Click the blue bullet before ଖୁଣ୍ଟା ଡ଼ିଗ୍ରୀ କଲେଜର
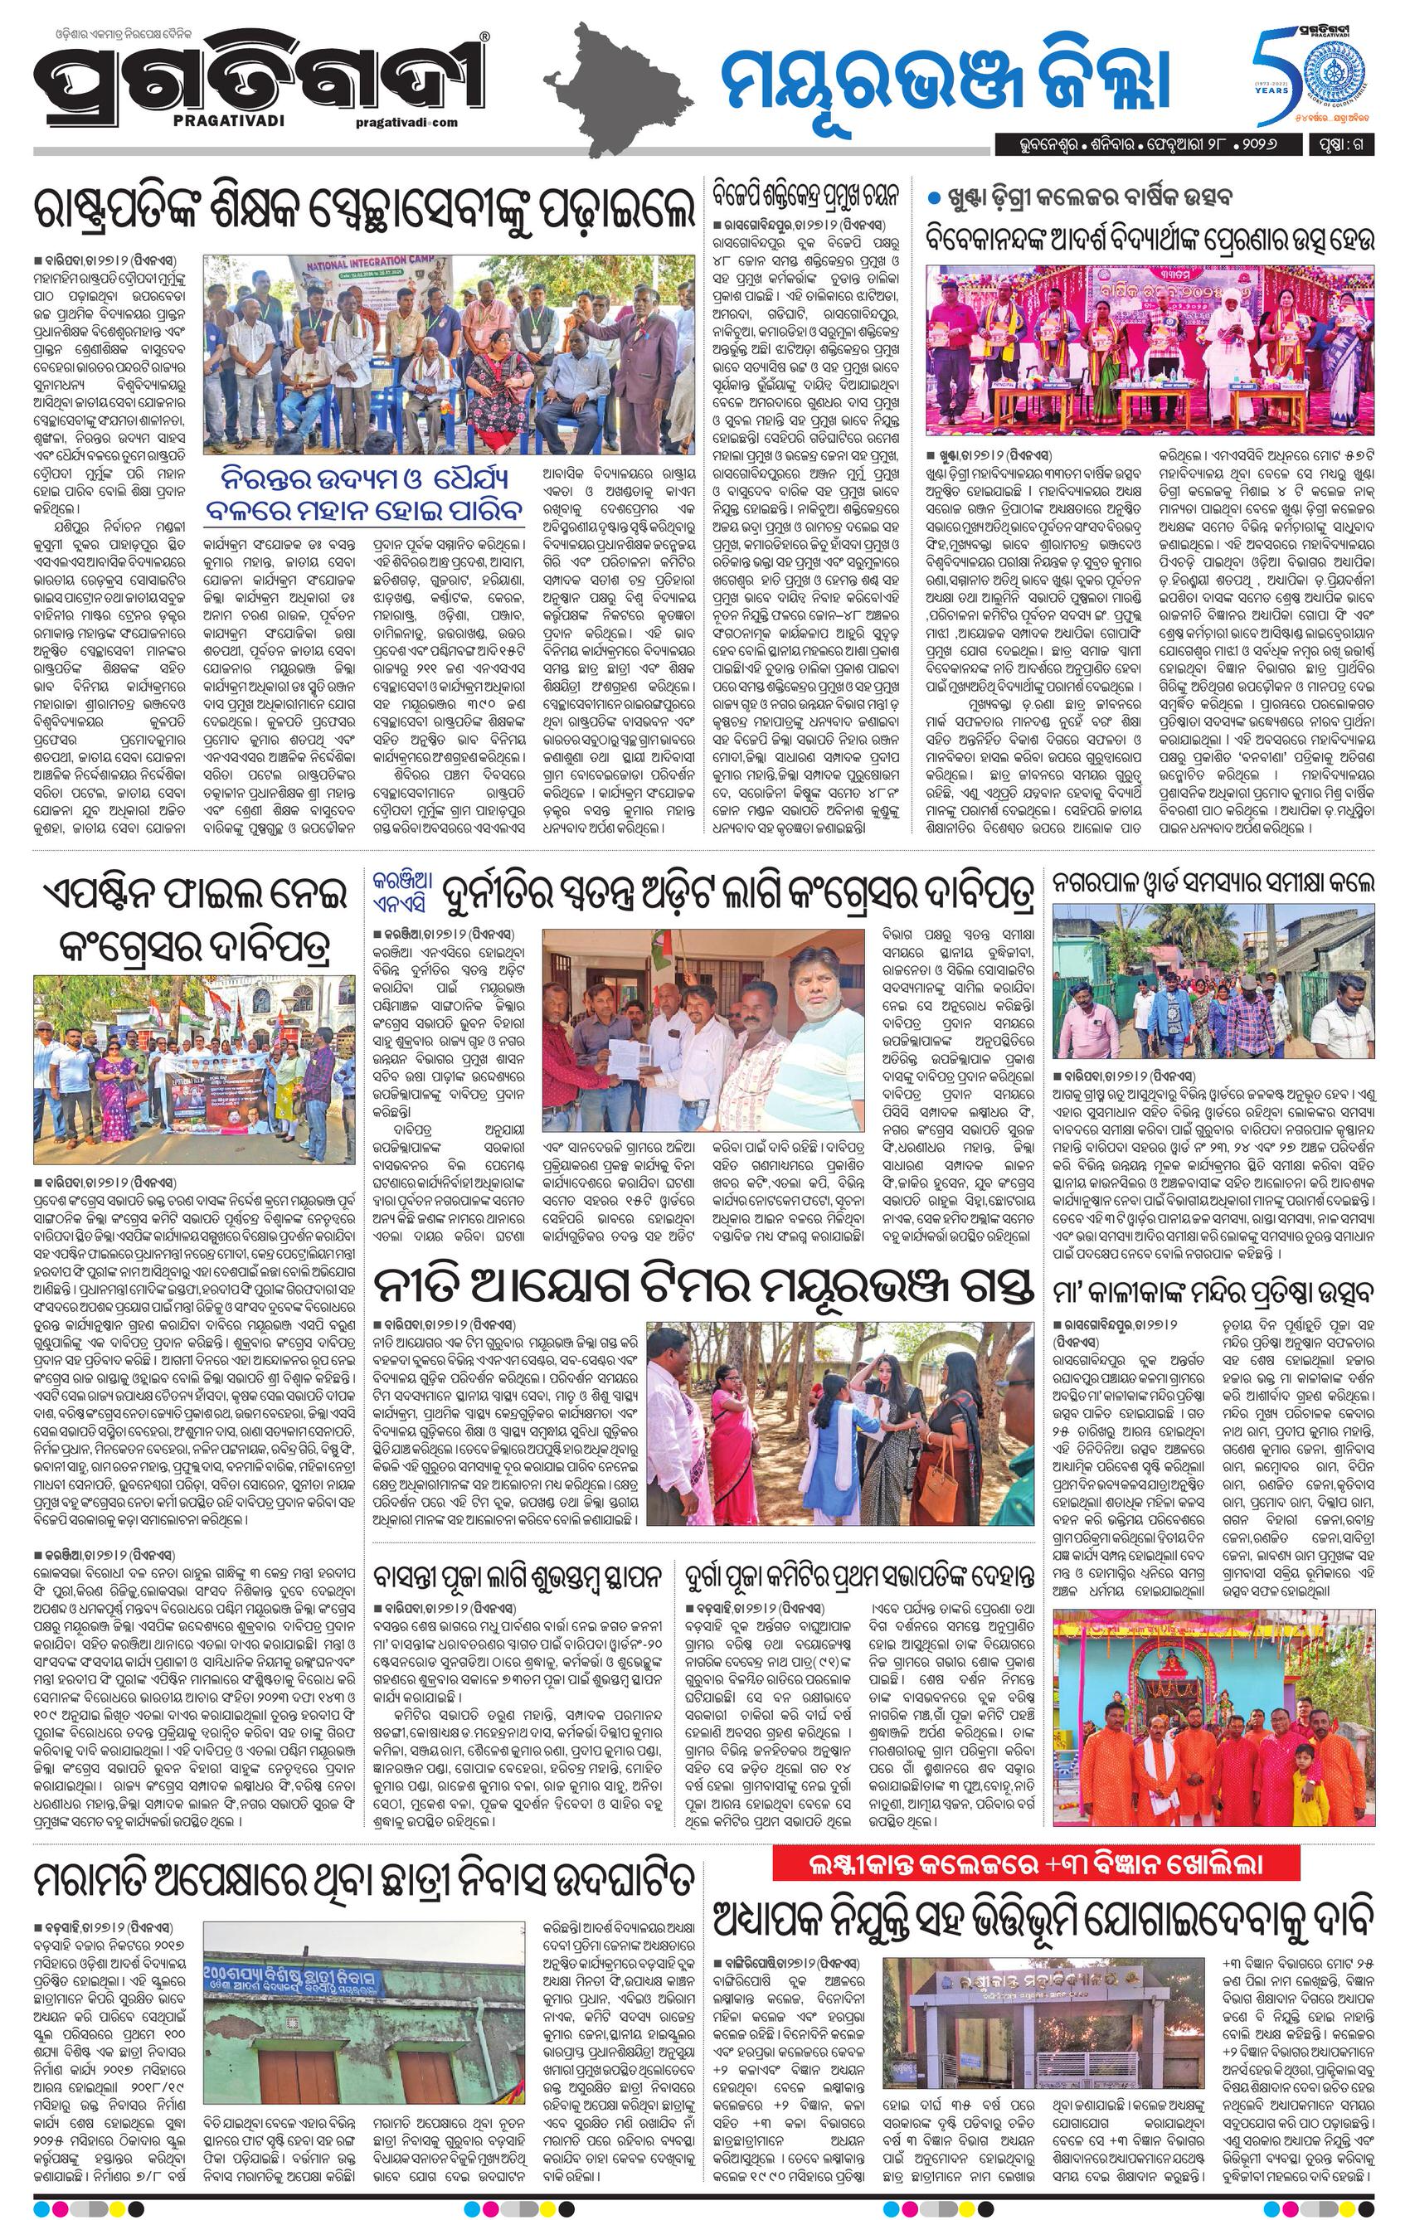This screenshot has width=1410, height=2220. (x=933, y=198)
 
